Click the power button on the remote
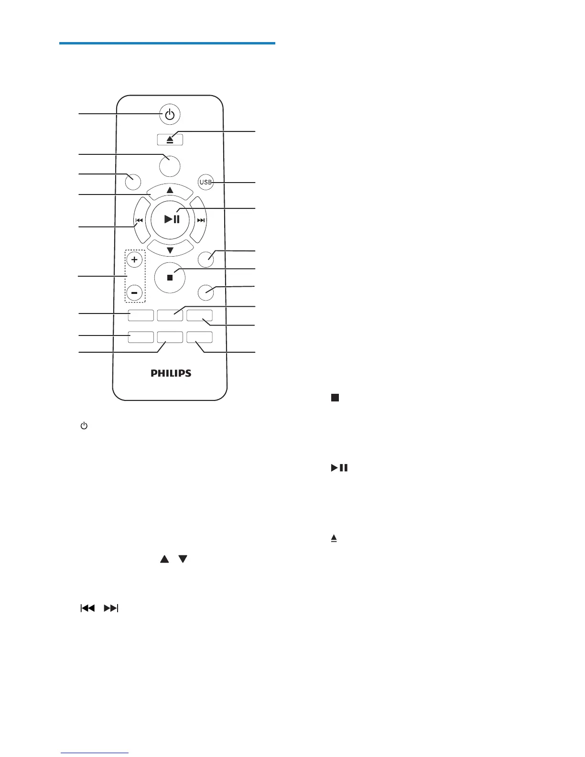[170, 115]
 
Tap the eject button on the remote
[170, 139]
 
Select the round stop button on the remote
[170, 277]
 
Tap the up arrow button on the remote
[170, 191]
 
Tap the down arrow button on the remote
[170, 249]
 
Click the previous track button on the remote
[140, 220]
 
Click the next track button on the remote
[200, 220]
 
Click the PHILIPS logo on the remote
[171, 373]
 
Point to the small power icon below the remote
[84, 425]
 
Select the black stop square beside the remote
[335, 398]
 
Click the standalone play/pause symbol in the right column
[339, 468]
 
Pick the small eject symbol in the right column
[334, 539]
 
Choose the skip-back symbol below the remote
[87, 608]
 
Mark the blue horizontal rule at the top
[167, 43]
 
